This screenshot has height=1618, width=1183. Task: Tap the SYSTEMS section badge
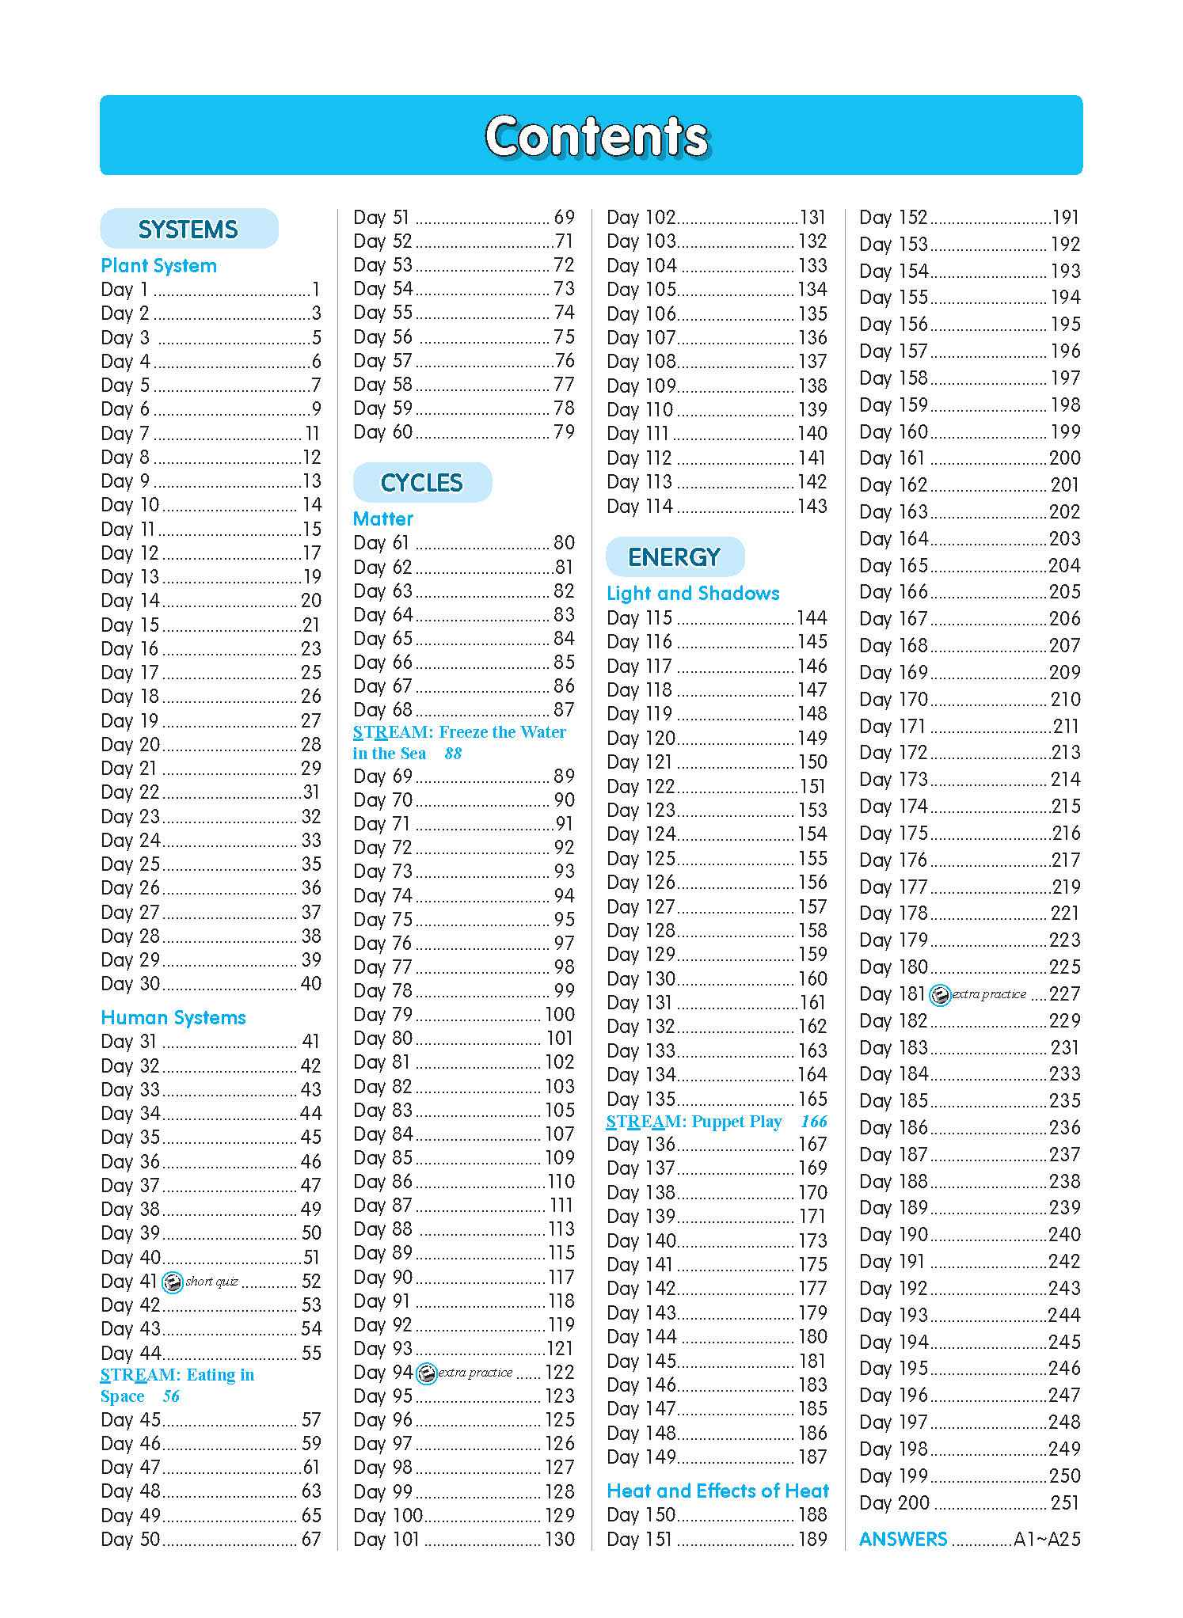point(188,230)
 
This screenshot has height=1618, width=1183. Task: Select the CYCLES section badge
point(421,483)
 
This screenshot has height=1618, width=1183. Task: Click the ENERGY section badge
point(674,557)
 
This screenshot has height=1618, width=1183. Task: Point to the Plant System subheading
point(158,266)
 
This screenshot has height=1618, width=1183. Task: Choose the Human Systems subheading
point(173,1018)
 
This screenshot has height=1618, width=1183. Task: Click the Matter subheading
point(383,519)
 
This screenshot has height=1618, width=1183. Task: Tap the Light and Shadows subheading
point(693,594)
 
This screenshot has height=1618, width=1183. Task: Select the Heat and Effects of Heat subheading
point(717,1491)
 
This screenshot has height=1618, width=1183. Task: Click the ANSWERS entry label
point(903,1540)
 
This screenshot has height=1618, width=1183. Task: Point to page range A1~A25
point(1047,1540)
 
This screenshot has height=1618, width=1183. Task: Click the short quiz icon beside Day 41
point(172,1282)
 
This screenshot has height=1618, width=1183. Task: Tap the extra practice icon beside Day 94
point(426,1373)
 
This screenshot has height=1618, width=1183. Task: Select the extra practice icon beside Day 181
point(939,995)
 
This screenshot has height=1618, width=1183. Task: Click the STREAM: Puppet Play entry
point(694,1122)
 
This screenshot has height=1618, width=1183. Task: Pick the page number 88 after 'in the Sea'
point(452,754)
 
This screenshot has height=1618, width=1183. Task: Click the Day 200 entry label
point(894,1503)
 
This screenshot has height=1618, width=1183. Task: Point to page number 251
point(1064,1503)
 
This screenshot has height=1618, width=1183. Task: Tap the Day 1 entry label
point(124,290)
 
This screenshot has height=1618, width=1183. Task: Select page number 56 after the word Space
point(170,1396)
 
